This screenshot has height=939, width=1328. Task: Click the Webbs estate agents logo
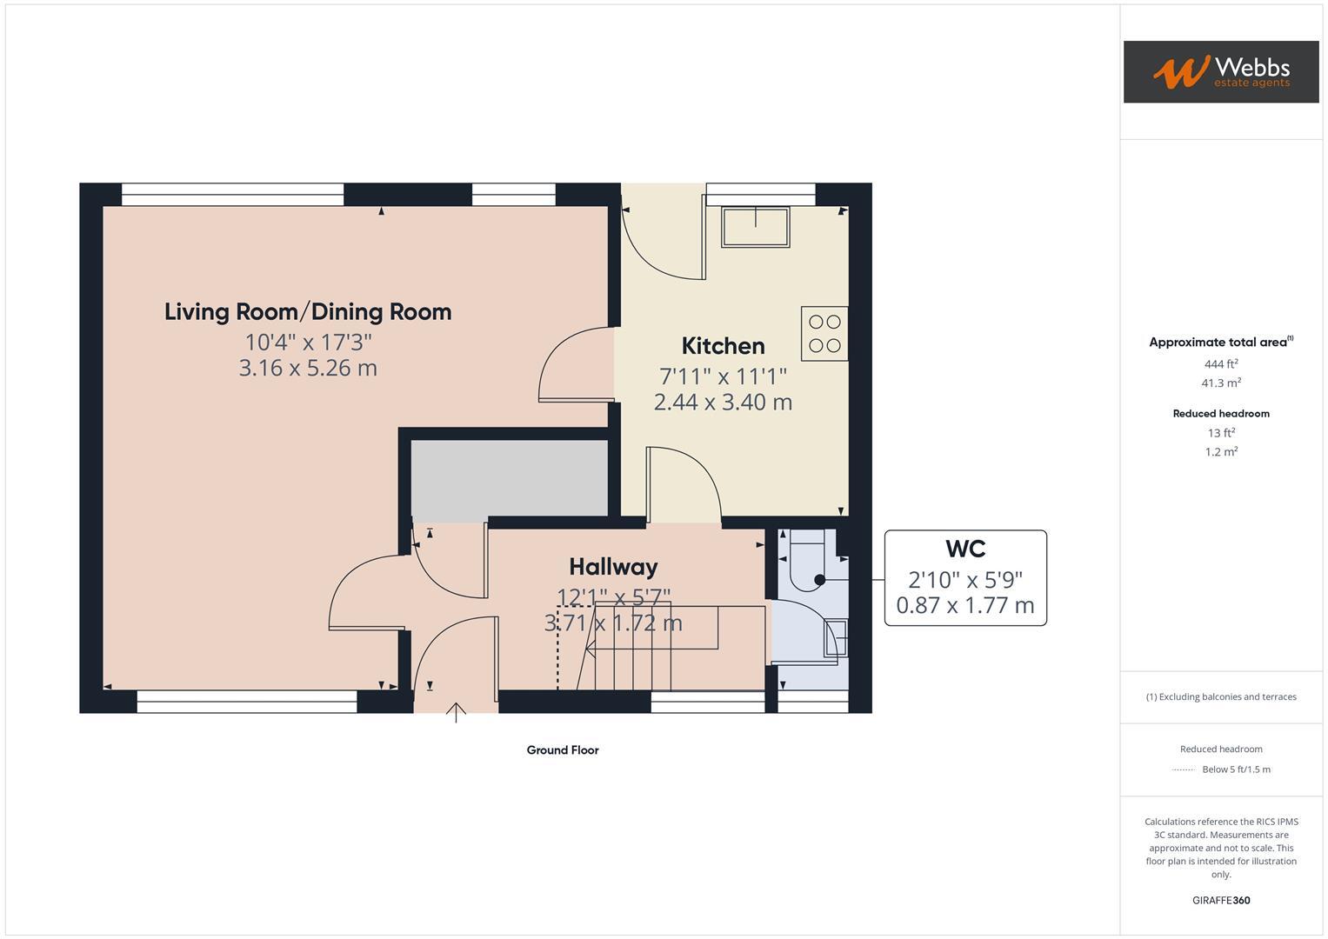pyautogui.click(x=1220, y=71)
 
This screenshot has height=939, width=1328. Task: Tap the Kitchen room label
pyautogui.click(x=723, y=346)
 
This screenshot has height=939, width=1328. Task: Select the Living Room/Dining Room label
pyautogui.click(x=308, y=312)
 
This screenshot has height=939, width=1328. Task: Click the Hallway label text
pyautogui.click(x=613, y=567)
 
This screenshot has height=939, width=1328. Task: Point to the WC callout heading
pyautogui.click(x=964, y=549)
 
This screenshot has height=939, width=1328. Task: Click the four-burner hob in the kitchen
pyautogui.click(x=824, y=333)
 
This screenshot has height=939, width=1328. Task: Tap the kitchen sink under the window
pyautogui.click(x=756, y=227)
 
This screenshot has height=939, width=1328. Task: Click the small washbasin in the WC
pyautogui.click(x=835, y=636)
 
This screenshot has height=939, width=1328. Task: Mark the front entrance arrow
pyautogui.click(x=456, y=712)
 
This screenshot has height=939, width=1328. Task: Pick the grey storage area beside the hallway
pyautogui.click(x=509, y=479)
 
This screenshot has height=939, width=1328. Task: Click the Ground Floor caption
pyautogui.click(x=563, y=750)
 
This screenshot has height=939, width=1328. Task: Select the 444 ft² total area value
pyautogui.click(x=1221, y=364)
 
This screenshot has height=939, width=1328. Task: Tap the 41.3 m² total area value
pyautogui.click(x=1221, y=383)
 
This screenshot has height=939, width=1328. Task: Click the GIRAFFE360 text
pyautogui.click(x=1221, y=901)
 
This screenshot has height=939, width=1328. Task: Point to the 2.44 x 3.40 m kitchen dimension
pyautogui.click(x=723, y=403)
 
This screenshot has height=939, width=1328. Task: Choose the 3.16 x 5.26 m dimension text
pyautogui.click(x=308, y=369)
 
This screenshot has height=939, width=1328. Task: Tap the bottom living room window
pyautogui.click(x=247, y=702)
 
